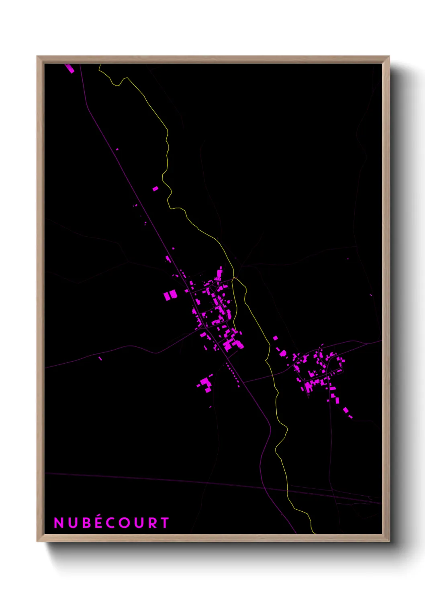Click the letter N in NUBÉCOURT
point(59,523)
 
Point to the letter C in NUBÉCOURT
point(112,523)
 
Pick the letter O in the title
point(127,523)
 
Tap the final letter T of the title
point(165,523)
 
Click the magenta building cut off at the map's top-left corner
point(69,68)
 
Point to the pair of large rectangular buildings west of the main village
point(170,296)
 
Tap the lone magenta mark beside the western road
point(100,358)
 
